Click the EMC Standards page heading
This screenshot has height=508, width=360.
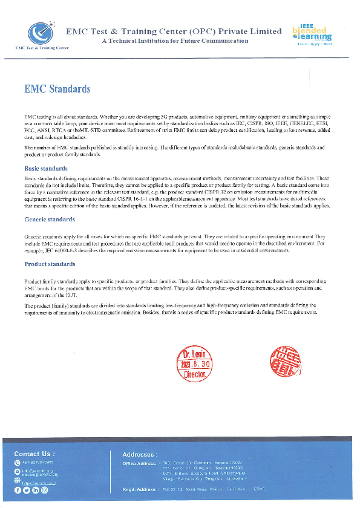pyautogui.click(x=57, y=89)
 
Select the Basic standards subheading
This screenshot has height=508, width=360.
pyautogui.click(x=45, y=169)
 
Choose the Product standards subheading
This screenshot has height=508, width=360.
pyautogui.click(x=50, y=264)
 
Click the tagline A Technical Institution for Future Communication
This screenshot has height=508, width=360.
pyautogui.click(x=175, y=41)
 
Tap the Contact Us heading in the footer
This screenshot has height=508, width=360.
pyautogui.click(x=34, y=454)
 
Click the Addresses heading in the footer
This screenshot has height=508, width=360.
pyautogui.click(x=140, y=454)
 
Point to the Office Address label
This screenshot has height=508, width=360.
pyautogui.click(x=139, y=463)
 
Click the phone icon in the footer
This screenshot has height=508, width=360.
pyautogui.click(x=17, y=463)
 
